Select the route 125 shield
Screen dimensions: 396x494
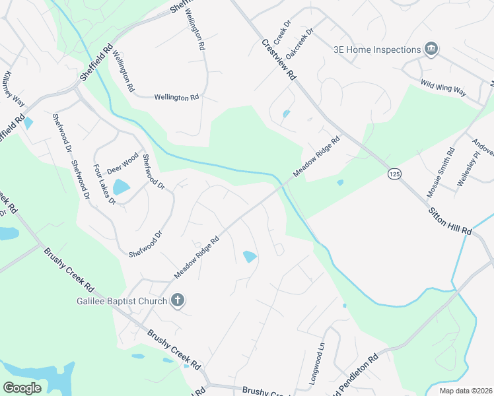click(394, 174)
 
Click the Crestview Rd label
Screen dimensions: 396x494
click(279, 59)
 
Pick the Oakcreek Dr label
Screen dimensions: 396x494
click(301, 42)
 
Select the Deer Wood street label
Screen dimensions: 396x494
click(122, 160)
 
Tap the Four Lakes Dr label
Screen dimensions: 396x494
click(104, 185)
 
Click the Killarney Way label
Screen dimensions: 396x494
click(14, 88)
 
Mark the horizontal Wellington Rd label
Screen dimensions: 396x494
click(176, 97)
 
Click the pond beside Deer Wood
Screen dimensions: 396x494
click(121, 187)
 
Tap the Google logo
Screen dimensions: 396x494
click(22, 388)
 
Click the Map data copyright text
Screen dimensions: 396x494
click(465, 390)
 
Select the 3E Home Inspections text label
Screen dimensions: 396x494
click(376, 49)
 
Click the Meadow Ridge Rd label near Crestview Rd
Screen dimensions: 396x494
click(316, 156)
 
